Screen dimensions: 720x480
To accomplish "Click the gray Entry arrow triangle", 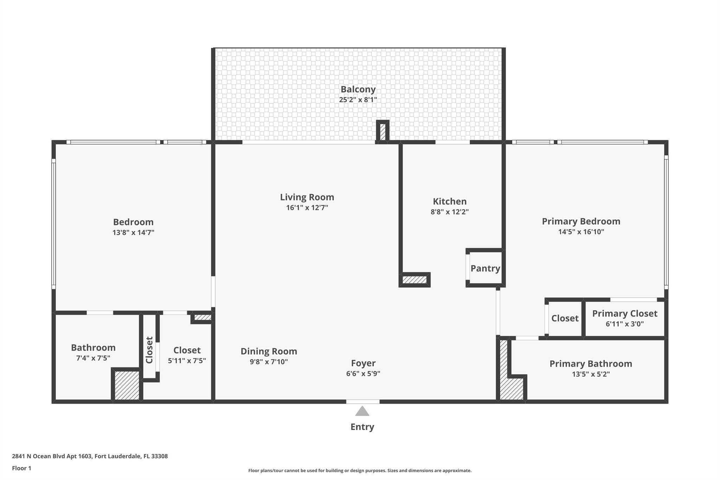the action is point(362,411).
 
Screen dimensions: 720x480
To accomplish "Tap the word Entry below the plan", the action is point(362,427).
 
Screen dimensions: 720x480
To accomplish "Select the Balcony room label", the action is point(358,90).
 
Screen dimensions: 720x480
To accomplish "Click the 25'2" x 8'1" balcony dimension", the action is point(358,100).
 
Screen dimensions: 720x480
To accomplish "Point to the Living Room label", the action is point(307,197).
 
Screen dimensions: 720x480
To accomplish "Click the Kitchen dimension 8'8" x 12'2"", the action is point(450,212).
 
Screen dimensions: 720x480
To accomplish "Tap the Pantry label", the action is point(485,269).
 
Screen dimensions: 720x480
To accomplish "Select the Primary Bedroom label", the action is point(581,222).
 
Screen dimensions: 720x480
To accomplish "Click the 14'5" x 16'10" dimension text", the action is point(581,232).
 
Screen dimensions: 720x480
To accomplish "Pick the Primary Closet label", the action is point(625,314).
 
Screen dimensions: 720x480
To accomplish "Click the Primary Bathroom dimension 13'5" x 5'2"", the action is point(591,374).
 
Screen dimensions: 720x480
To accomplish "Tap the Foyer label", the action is point(363,363).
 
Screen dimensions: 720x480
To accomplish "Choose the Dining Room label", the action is point(269,351).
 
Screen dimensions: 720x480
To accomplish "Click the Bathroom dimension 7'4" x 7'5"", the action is point(93,358).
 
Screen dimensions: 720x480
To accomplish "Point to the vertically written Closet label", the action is point(149,350).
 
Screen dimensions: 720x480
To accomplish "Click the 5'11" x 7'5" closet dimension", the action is point(187,361).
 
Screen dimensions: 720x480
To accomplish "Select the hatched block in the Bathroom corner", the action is point(127,385).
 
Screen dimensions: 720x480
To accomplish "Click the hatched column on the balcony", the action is point(382,132).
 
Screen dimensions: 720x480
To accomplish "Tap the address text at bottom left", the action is point(90,456).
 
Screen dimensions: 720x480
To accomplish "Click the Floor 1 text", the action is point(21,468).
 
